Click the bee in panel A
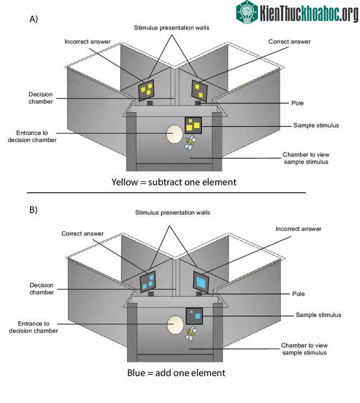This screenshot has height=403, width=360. coord(190,143)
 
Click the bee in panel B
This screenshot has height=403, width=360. coord(190,333)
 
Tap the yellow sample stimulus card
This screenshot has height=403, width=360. coord(193,125)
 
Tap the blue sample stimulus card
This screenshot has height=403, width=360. coord(194,316)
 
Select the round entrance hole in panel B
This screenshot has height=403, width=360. coord(175,324)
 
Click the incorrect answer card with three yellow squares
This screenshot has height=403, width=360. coord(146,90)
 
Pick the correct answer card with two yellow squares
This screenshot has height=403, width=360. coord(199,91)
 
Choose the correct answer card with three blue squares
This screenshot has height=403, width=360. coord(148,282)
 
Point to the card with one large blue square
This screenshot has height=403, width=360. coord(201,282)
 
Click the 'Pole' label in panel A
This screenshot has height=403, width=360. coord(297,103)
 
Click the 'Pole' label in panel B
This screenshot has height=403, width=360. coord(298,294)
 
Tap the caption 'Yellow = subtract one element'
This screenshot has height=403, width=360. coord(174,182)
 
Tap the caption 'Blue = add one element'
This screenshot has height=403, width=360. coord(176,372)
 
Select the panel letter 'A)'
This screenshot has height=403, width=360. coord(34,19)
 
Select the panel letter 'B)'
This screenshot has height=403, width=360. coord(33,210)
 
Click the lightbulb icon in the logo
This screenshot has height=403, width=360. coord(247,12)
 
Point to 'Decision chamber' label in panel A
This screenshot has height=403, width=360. coord(40,98)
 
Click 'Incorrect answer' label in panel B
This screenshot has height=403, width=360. coord(298,228)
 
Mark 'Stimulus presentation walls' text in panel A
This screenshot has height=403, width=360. coord(171,28)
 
